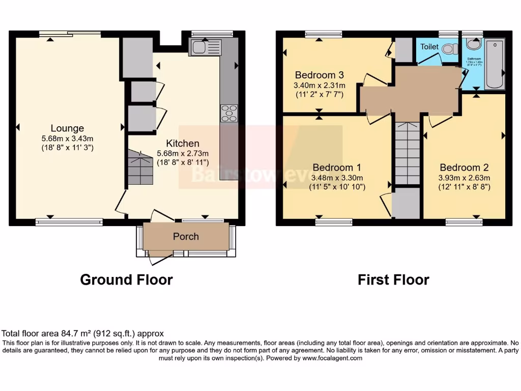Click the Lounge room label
click(x=67, y=128)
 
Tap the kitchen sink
click(x=205, y=48)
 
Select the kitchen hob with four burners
click(x=229, y=113)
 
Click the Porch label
click(x=186, y=236)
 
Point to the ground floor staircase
click(x=140, y=168)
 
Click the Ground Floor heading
click(x=126, y=280)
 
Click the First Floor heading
click(x=393, y=280)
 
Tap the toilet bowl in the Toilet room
click(x=448, y=49)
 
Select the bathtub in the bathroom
click(x=495, y=64)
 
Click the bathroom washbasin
click(x=473, y=45)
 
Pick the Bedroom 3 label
click(x=315, y=75)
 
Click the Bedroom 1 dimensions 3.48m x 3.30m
click(x=337, y=178)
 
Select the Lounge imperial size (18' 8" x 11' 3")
click(x=67, y=148)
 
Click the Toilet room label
click(x=429, y=46)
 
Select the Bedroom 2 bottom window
click(x=464, y=222)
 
